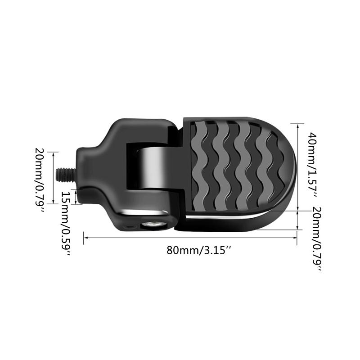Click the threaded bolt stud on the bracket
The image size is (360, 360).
[65, 173]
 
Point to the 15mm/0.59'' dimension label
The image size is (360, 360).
[66, 223]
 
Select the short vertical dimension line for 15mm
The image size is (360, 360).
[76, 196]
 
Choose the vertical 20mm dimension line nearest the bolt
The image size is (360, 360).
[54, 178]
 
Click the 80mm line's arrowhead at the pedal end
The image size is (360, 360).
[295, 238]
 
